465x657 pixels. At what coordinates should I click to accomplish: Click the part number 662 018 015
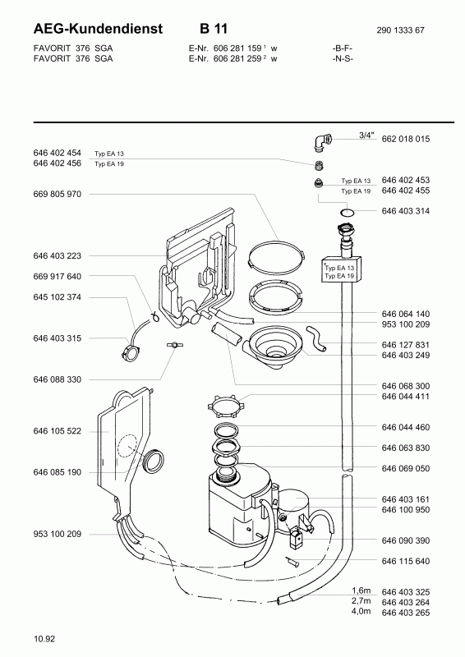coord(406,139)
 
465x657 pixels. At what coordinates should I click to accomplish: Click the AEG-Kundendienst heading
coord(98,29)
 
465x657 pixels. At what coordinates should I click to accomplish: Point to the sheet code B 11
coord(214,29)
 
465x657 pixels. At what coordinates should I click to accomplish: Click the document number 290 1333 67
coord(400,30)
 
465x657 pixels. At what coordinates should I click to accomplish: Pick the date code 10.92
coord(44,639)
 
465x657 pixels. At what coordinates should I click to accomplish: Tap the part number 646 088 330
coord(57,379)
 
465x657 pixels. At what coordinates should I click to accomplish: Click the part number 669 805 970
coord(57,194)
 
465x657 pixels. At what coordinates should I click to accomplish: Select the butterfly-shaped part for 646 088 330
coord(173,345)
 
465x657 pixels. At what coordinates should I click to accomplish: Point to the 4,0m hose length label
coord(361,611)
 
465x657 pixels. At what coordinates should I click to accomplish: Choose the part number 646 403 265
coord(406,613)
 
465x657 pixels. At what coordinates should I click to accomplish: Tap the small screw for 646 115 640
coord(292,561)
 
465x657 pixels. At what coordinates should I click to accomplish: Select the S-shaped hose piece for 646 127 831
coord(315,338)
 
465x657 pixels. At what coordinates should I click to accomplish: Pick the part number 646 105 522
coord(57,431)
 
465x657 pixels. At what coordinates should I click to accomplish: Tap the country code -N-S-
coord(343,58)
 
